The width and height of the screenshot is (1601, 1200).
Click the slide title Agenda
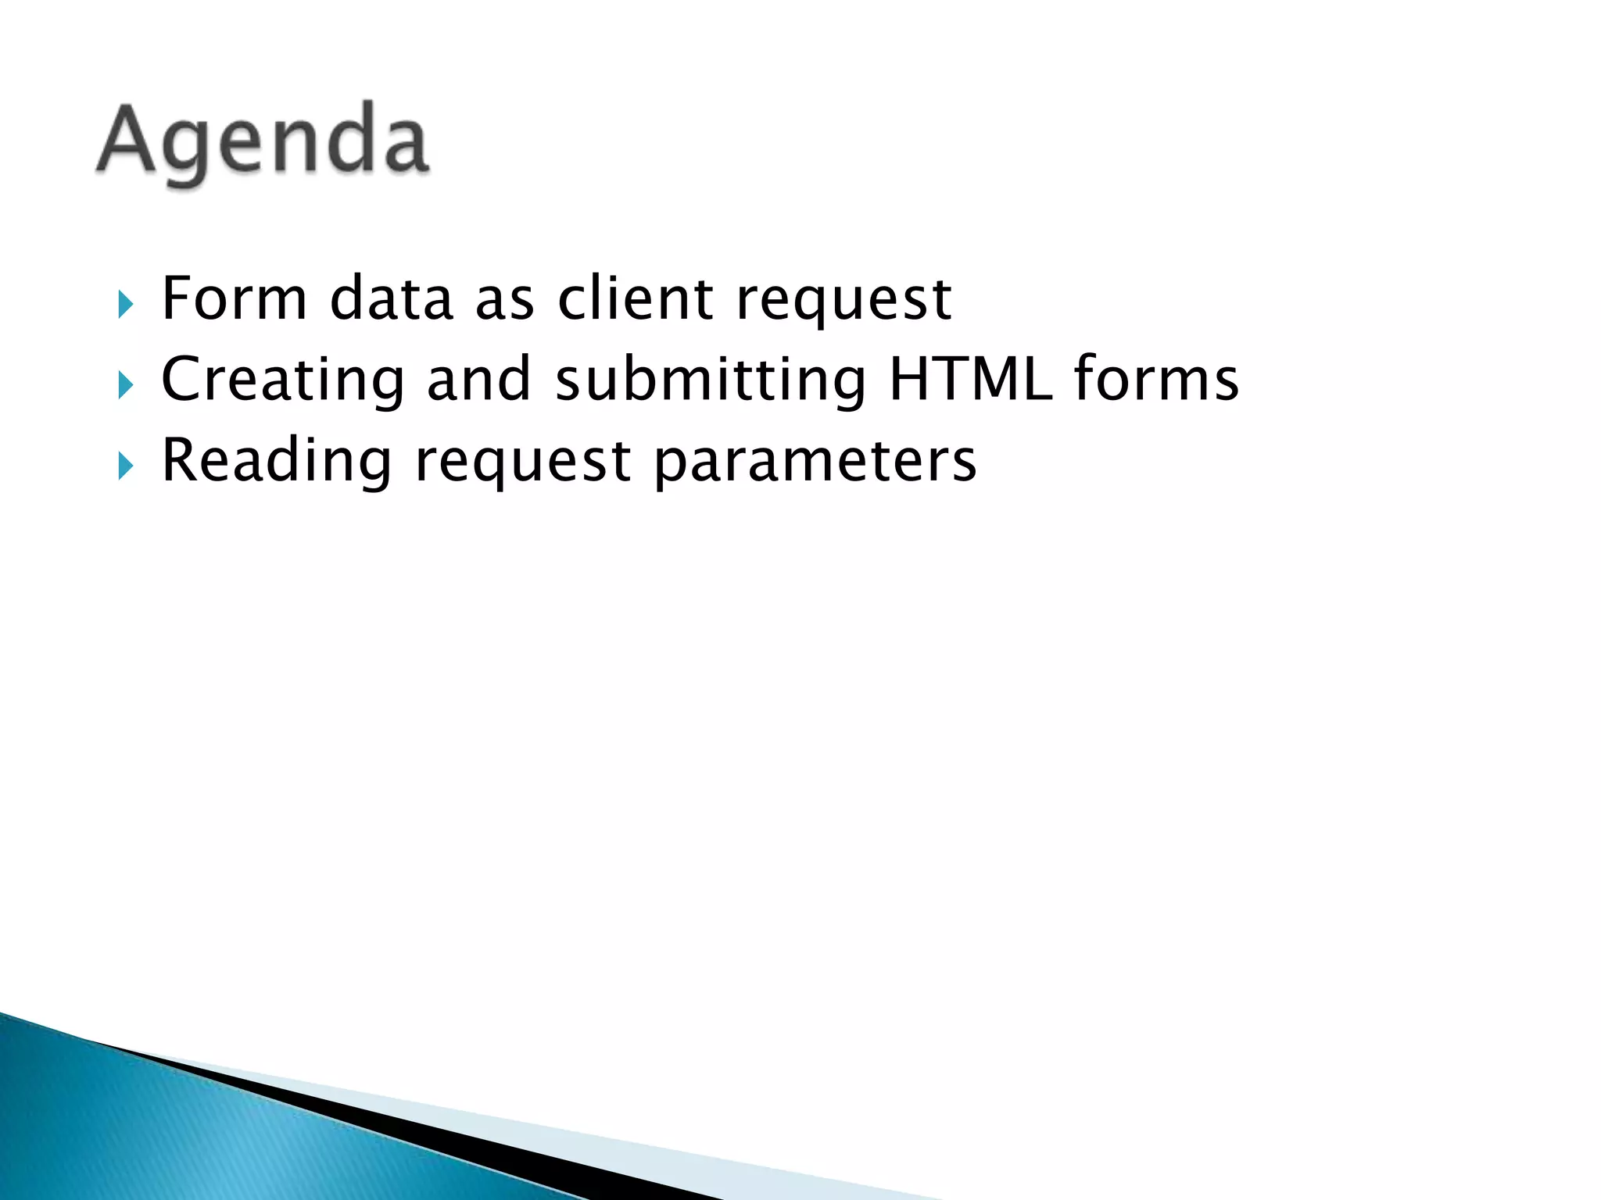(263, 142)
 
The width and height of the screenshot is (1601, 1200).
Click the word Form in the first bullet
(234, 298)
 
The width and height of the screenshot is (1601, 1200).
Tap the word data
(392, 298)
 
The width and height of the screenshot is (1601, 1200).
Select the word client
(635, 298)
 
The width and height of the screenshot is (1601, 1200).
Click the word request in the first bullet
(843, 302)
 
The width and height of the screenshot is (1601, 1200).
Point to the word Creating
(282, 380)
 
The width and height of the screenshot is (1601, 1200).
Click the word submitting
(711, 380)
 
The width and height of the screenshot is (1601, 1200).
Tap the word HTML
(970, 379)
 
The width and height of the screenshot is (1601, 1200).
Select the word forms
(1156, 379)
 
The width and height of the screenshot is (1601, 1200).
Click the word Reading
(276, 461)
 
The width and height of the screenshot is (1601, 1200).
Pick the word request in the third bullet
(522, 463)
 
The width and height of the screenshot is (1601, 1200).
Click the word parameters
(815, 463)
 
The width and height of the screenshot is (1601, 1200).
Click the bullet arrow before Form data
(126, 304)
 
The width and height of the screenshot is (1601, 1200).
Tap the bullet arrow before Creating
(126, 385)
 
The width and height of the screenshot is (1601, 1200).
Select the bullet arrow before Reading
(126, 466)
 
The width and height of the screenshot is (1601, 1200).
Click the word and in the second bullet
(478, 379)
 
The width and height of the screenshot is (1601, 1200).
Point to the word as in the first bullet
(504, 302)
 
